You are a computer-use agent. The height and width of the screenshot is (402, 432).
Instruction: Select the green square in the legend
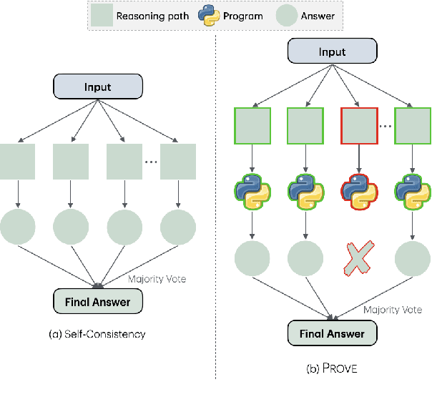point(102,14)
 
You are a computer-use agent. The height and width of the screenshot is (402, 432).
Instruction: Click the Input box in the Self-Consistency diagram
point(97,87)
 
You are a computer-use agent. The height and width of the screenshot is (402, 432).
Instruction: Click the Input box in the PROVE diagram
point(331,52)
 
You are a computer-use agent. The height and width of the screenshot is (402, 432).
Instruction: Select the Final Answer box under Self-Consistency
point(97,302)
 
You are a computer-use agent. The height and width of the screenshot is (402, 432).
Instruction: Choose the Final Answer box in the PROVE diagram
point(331,334)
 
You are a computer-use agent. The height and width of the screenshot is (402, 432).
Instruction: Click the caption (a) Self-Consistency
point(97,334)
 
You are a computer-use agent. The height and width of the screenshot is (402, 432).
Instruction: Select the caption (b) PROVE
point(331,369)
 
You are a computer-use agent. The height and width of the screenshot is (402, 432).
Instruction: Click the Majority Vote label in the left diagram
point(157,279)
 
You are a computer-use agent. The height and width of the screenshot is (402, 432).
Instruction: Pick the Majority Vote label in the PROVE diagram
point(392,310)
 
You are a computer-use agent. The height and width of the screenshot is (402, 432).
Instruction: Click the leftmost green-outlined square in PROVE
point(251,127)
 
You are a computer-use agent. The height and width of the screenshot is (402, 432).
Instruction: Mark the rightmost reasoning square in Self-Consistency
point(178,161)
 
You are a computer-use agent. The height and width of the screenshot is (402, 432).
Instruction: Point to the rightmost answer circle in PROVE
point(412,258)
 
